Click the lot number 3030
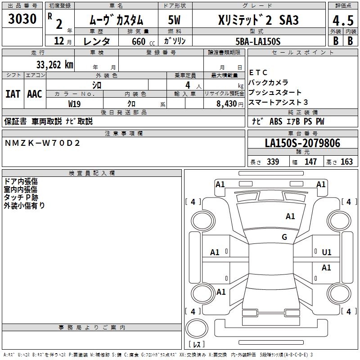point(22,19)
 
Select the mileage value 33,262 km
point(54,64)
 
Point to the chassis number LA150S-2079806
point(302,143)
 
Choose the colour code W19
point(75,103)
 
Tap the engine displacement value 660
point(138,41)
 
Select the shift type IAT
point(13,94)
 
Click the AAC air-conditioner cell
point(34,94)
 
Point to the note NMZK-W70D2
point(42,143)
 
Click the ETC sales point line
point(258,72)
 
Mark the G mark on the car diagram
point(284,237)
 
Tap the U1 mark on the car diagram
point(327,252)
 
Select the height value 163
point(346,162)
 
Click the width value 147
point(310,162)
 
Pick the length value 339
point(272,162)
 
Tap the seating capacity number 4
point(187,85)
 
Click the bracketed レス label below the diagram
point(197,345)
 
